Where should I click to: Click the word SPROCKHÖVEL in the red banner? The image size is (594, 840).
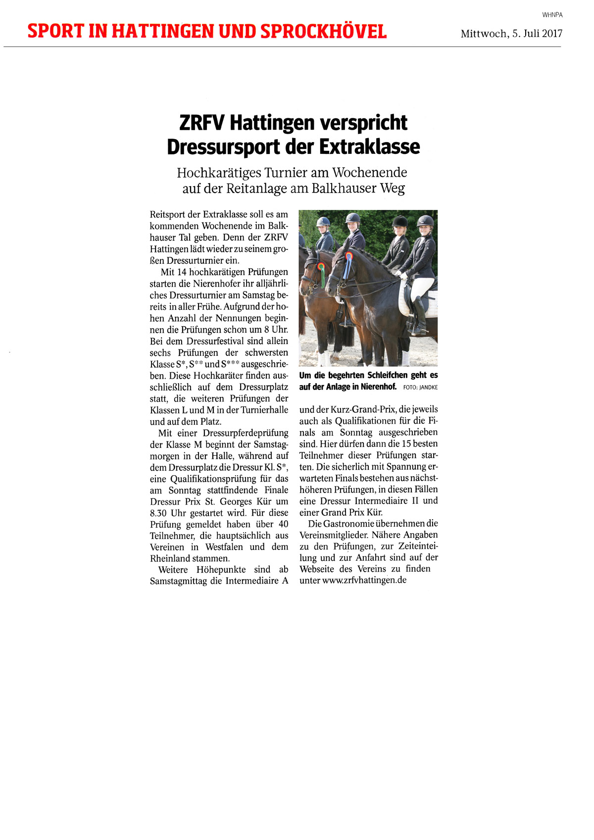(x=323, y=31)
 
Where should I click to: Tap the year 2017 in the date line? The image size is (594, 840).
(x=552, y=34)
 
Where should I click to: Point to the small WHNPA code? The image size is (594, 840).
(x=552, y=15)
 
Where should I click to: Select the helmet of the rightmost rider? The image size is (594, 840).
(x=425, y=221)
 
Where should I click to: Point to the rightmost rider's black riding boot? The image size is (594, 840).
(x=420, y=314)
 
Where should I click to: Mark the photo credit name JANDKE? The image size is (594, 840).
(x=428, y=388)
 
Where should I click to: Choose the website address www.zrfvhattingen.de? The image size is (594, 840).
(x=364, y=580)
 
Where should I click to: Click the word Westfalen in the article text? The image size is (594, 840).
(x=224, y=547)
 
